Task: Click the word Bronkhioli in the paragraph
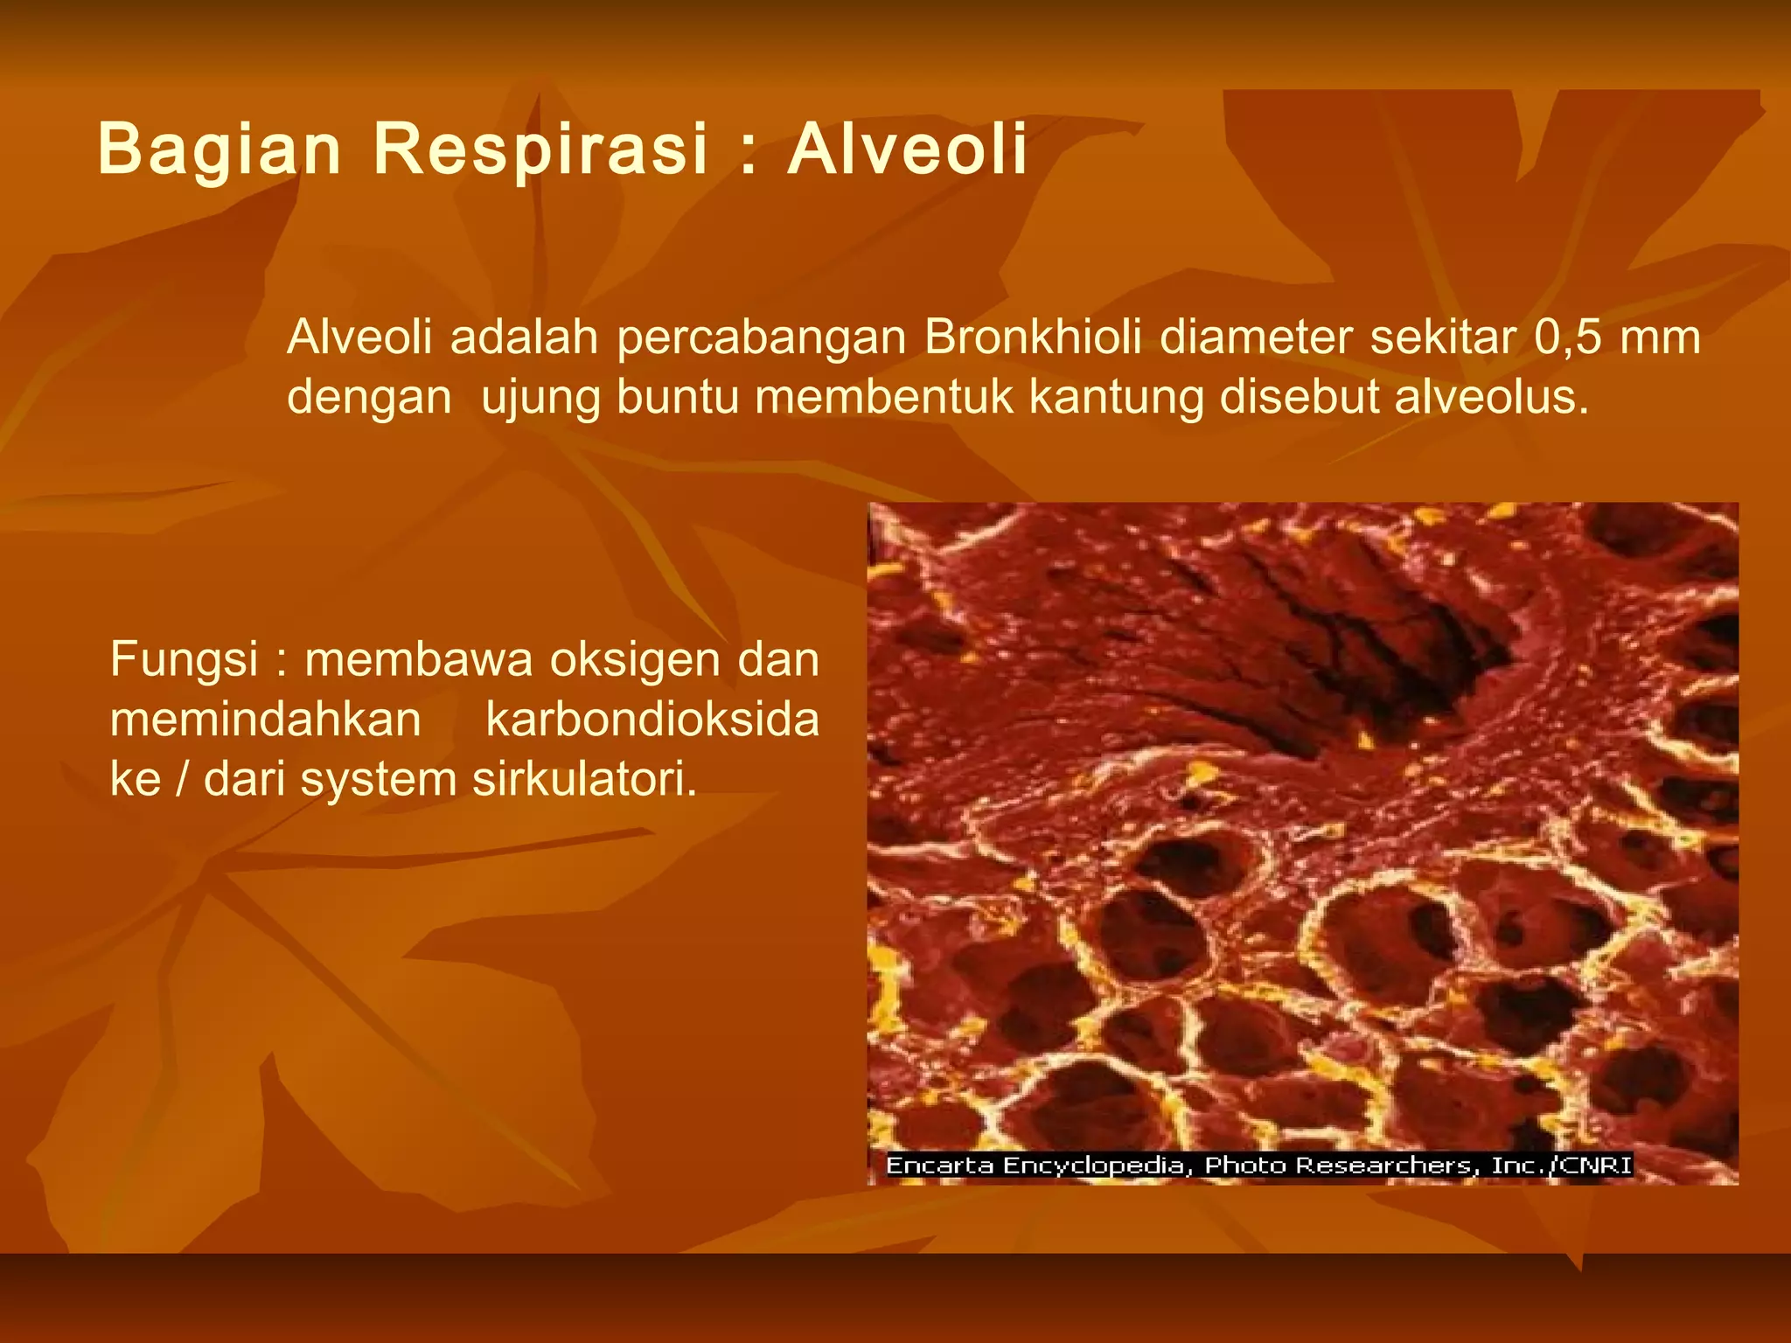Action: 1033,337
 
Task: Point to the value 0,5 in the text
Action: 1567,337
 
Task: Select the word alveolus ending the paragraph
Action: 1490,397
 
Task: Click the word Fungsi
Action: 184,660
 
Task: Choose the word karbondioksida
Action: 652,720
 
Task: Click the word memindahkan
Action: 265,720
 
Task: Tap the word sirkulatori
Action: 584,779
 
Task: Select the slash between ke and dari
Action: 183,779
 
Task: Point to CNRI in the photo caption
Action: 1596,1166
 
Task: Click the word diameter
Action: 1256,337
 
